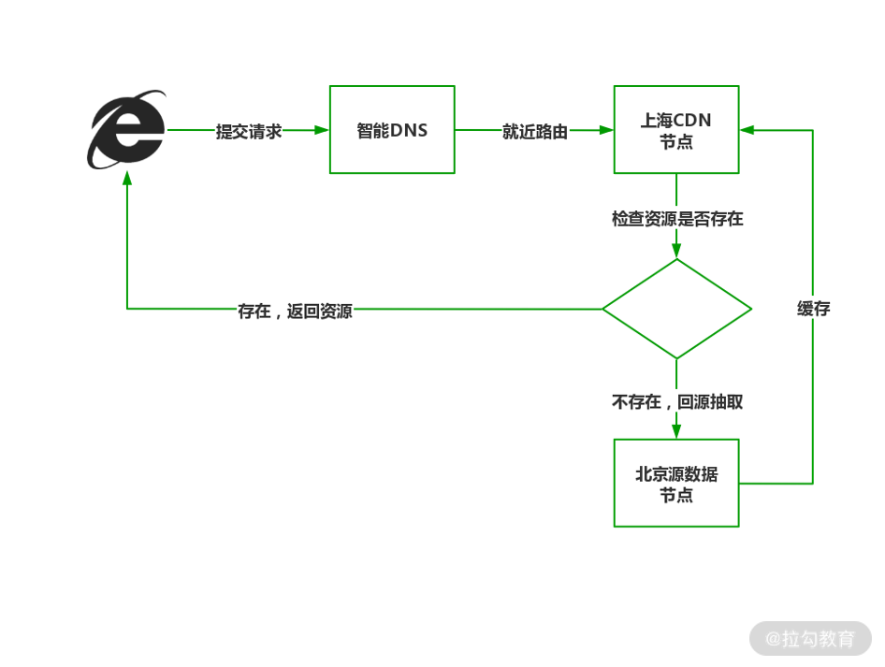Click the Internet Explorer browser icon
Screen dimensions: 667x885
tap(127, 130)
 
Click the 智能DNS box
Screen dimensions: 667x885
tap(392, 130)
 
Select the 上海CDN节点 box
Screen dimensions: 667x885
tap(676, 130)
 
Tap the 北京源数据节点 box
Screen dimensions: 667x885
tap(676, 483)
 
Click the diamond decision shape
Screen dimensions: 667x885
tap(676, 309)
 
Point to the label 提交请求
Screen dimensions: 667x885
tap(249, 131)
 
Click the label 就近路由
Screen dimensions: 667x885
tap(534, 131)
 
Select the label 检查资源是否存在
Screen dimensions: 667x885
tap(677, 219)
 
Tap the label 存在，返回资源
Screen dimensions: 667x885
tap(295, 311)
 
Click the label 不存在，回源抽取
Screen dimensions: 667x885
tap(677, 402)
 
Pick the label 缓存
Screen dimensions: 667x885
tap(813, 309)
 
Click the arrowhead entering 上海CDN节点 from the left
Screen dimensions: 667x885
tap(607, 131)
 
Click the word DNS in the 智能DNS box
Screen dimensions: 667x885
tap(409, 131)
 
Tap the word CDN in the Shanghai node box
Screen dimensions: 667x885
tap(693, 121)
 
